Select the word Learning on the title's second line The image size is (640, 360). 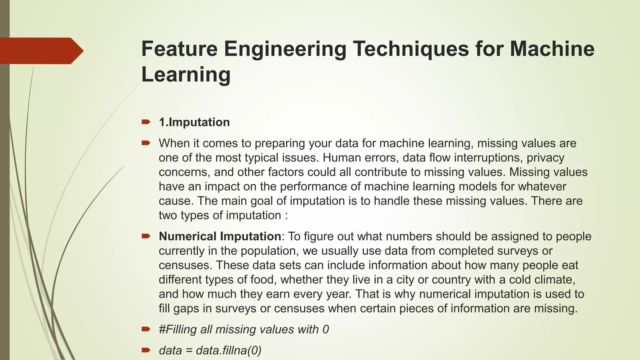(186, 75)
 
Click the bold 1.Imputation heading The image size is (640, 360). (194, 122)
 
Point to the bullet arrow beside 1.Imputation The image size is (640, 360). (146, 122)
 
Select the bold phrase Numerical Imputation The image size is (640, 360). (220, 236)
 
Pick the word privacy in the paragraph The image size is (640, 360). (545, 157)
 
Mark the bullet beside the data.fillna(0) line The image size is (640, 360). (146, 350)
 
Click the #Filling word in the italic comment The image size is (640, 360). (177, 329)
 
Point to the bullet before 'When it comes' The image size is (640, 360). (146, 143)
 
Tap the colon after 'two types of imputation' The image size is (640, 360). (286, 216)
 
